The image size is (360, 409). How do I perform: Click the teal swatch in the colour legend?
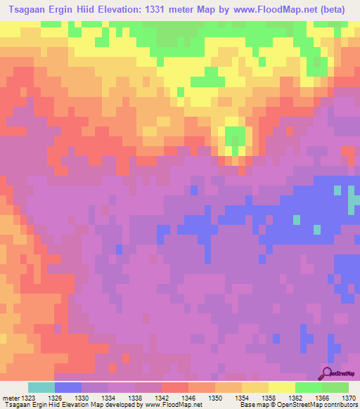tap(41, 387)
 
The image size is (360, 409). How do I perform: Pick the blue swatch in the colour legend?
tap(67, 387)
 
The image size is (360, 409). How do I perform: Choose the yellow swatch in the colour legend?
tap(281, 387)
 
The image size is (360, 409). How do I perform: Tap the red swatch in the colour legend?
tap(174, 387)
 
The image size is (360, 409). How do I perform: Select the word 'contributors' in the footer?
tap(340, 405)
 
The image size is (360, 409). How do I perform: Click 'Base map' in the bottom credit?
tap(252, 405)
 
